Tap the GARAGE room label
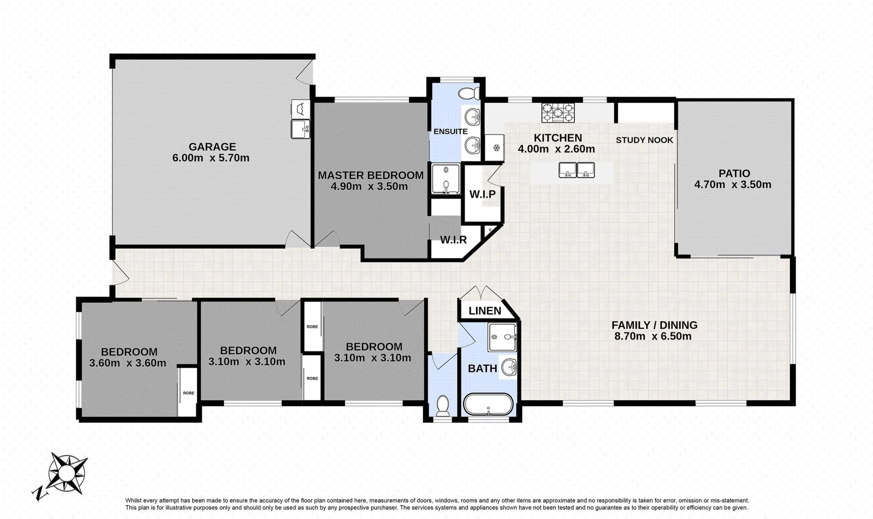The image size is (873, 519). coord(212,147)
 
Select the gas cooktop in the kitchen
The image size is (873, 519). coord(558,113)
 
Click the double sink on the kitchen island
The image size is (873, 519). coord(577,170)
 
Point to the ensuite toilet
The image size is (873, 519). coord(468,93)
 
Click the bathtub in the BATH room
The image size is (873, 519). coord(488,405)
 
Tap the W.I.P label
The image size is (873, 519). coord(482,194)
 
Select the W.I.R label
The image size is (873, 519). coord(454,239)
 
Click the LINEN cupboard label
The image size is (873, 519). coord(485,311)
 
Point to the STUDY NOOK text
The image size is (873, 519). coord(644,140)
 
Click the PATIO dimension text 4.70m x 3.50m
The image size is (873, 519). coord(733,185)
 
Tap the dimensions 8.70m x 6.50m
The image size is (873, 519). coord(653,336)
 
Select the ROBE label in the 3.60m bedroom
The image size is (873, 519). coord(188,393)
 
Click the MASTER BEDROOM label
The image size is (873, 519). coord(370,175)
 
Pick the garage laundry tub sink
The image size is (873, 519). coord(300,128)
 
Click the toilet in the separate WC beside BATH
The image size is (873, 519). coord(443,406)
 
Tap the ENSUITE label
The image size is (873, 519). coord(450,131)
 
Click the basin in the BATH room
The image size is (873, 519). coord(509,368)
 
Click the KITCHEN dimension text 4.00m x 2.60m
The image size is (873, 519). coord(556,149)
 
